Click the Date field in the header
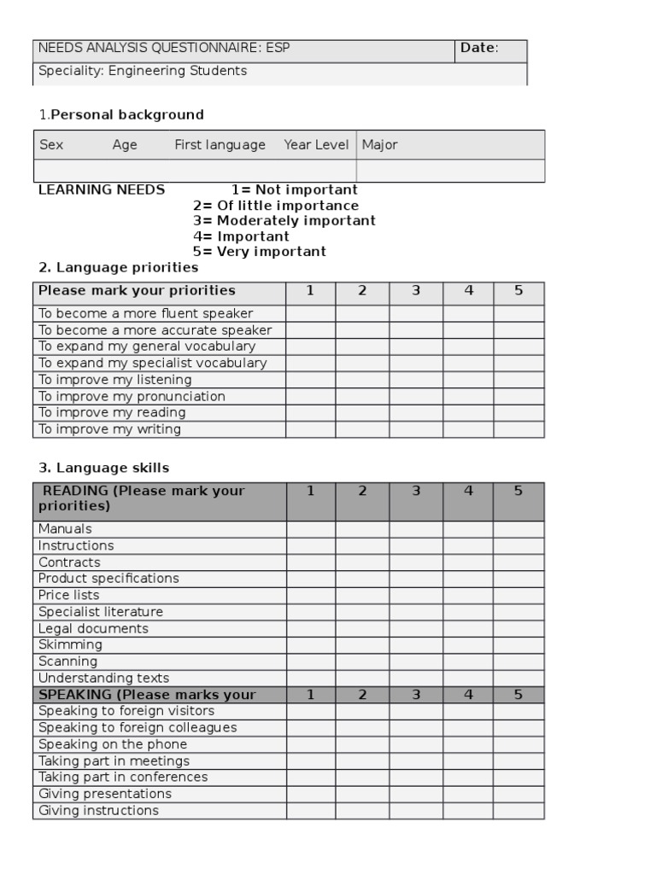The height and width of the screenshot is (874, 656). point(490,49)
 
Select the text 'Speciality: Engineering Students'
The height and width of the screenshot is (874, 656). point(143,71)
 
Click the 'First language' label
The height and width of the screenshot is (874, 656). point(220,145)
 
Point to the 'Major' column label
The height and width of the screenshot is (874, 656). point(379,145)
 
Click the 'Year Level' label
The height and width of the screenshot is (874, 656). point(316,145)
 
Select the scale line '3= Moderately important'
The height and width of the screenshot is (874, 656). point(284,220)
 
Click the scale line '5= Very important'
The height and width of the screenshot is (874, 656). point(259,252)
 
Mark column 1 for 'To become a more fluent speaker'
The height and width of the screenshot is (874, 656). point(310,313)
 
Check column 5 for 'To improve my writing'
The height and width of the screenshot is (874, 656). point(518,429)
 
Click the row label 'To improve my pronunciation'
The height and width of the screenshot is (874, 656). point(132,396)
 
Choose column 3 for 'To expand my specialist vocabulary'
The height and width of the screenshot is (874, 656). point(416,363)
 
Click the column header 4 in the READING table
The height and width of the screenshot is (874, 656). point(468,491)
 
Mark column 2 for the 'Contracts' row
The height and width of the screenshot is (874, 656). point(362,562)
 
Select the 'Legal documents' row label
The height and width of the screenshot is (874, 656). point(93,629)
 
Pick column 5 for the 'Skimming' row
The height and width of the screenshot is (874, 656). point(518,645)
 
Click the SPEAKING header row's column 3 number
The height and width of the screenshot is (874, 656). point(416,695)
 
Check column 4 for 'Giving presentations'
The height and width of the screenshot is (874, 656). point(468,794)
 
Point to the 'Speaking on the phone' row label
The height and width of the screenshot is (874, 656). point(113,744)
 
